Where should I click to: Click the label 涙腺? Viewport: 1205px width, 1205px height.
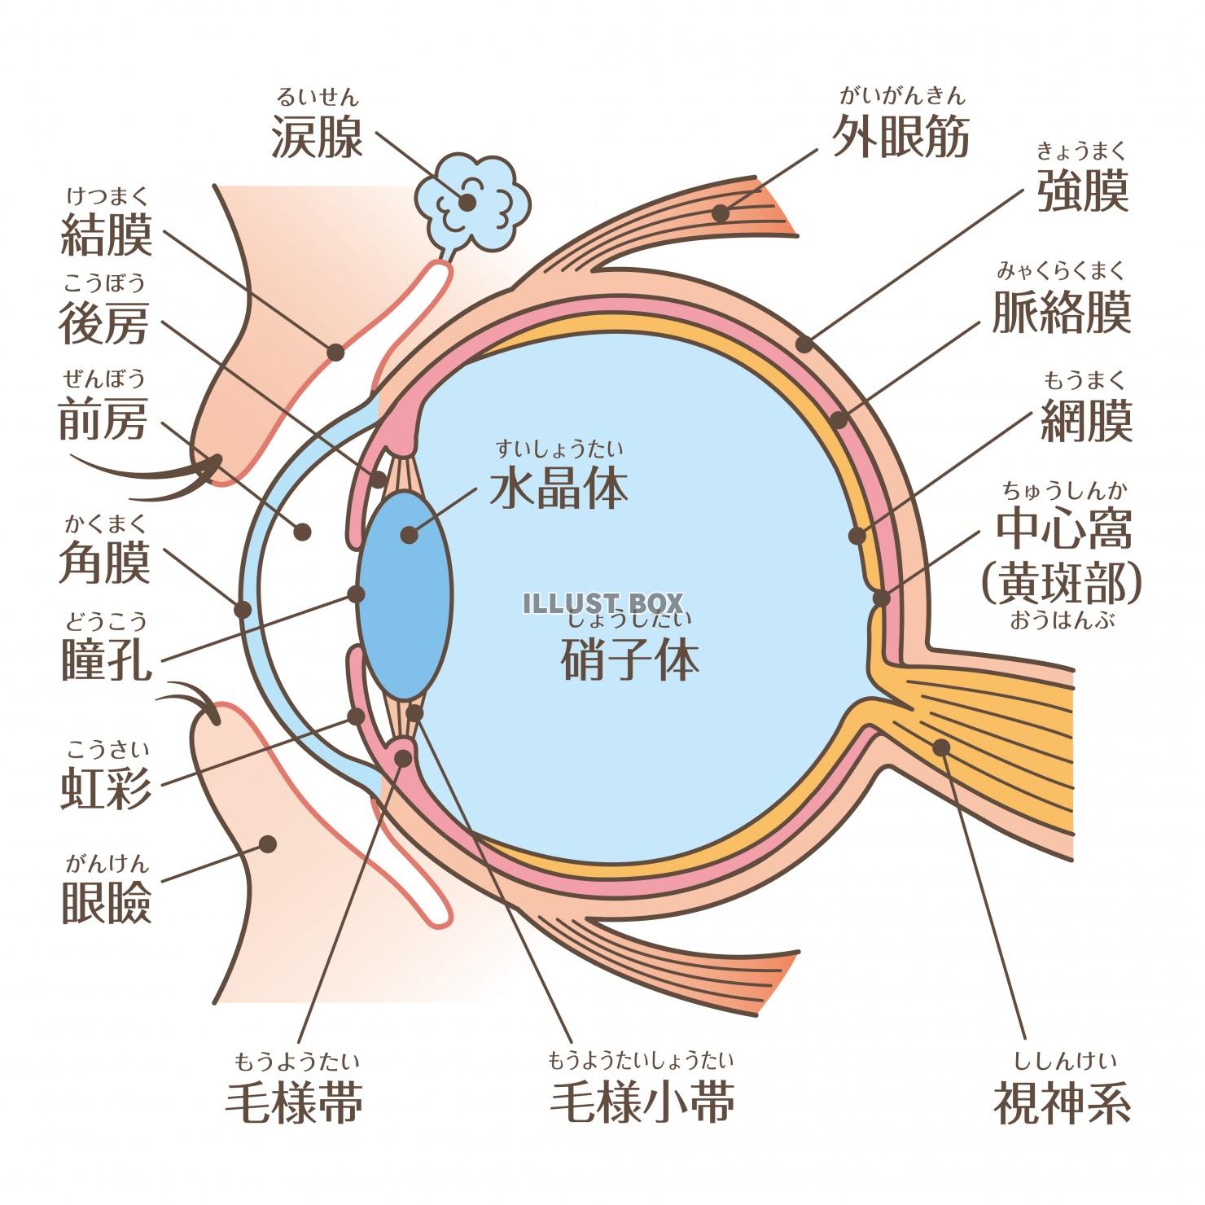317,136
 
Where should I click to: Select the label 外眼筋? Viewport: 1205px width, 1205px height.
900,136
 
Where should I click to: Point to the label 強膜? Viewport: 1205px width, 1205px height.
1083,191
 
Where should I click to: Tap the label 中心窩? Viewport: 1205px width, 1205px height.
1063,530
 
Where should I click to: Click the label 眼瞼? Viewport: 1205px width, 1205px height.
107,902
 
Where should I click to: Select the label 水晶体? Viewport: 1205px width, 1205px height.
559,488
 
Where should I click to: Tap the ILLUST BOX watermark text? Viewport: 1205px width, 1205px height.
602,602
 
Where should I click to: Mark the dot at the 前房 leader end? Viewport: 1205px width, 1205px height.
303,532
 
